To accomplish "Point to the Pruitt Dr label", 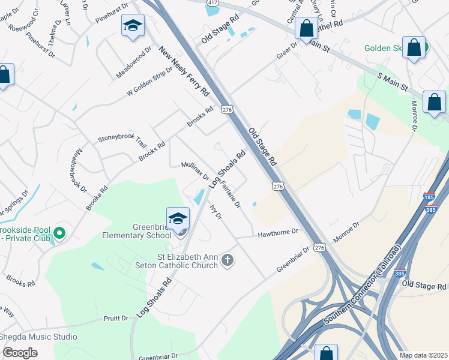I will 116,318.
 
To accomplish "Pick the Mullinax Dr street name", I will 195,171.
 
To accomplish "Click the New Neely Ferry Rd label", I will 184,73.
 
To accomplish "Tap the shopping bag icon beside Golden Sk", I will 414,48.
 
